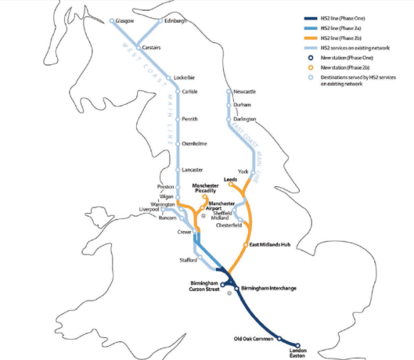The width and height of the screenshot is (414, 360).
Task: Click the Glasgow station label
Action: click(x=127, y=21)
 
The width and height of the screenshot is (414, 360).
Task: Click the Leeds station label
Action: click(x=230, y=178)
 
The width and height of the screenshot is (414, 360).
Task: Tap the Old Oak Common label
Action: click(x=254, y=338)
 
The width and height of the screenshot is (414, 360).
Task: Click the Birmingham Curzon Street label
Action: click(x=205, y=286)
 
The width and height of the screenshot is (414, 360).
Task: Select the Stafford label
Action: click(x=189, y=259)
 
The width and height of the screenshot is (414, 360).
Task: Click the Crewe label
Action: click(x=184, y=232)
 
